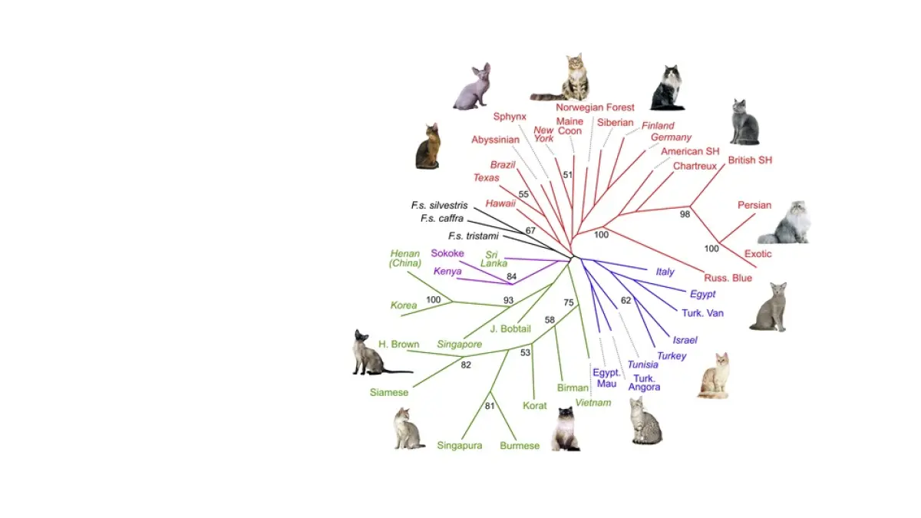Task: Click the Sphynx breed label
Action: tap(510, 117)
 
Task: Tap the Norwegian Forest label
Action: tap(595, 107)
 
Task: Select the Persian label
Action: tap(754, 205)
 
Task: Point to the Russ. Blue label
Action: tap(728, 278)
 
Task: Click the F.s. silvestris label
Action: tap(439, 205)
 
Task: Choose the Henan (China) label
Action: tap(405, 259)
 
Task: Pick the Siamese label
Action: tap(389, 392)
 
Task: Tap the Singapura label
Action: tap(460, 445)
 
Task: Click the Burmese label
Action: tap(520, 445)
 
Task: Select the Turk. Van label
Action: tap(702, 312)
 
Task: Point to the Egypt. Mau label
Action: tap(606, 378)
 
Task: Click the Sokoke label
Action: tap(447, 253)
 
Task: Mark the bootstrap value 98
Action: tap(685, 214)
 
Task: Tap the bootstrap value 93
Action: tap(508, 300)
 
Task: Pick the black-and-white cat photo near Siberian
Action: tap(667, 88)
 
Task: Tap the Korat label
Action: tap(533, 405)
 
